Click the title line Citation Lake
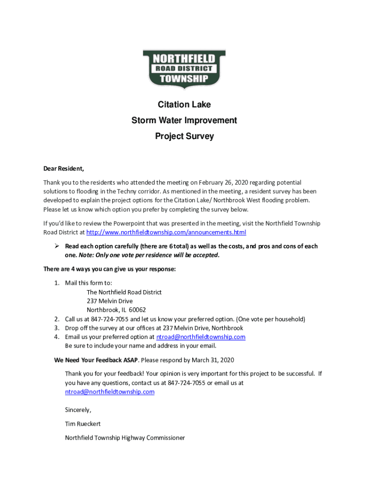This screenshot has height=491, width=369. pos(184,105)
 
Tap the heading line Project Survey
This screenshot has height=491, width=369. pos(184,136)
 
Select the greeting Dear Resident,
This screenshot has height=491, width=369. pos(64,168)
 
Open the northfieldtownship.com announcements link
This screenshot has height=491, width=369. pos(166,233)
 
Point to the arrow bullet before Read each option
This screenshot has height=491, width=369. pos(56,246)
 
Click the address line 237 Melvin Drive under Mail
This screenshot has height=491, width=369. pos(110,301)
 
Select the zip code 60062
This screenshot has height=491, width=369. pos(137,310)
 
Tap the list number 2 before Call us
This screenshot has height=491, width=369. pos(56,319)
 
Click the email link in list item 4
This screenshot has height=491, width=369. pos(201,337)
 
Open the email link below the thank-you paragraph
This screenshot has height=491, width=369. pos(110,392)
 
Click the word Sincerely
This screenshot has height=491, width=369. pos(78,410)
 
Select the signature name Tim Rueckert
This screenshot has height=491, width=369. pos(83,424)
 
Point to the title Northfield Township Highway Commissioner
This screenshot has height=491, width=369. pos(125,438)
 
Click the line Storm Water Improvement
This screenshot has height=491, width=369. pos(184,120)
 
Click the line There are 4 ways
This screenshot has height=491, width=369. pos(110,269)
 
